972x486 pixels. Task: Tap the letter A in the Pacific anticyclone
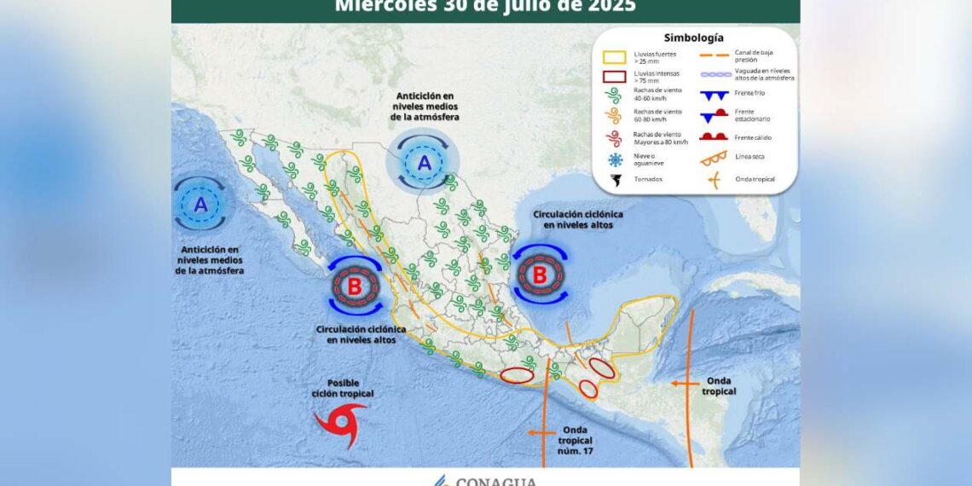coord(201,205)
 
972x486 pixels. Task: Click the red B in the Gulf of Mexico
coord(539,275)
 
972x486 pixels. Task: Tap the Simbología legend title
coord(694,38)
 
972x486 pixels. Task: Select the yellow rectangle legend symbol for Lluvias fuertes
coord(616,58)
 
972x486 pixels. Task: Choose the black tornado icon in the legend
coord(616,179)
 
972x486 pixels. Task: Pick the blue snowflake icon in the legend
coord(616,159)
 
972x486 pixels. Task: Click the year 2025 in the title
coord(610,7)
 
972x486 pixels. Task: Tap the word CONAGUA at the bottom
coord(495,481)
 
